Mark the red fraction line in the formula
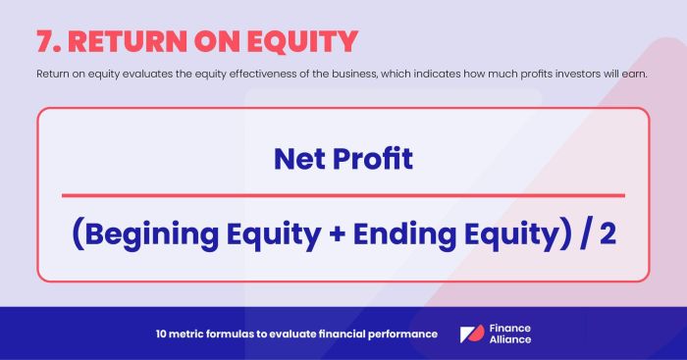[x=343, y=195]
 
